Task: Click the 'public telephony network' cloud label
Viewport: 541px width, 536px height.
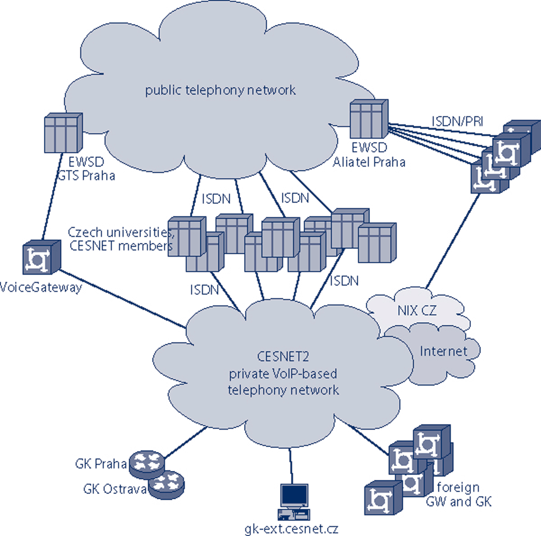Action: click(220, 90)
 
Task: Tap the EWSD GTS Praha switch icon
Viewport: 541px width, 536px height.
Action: click(63, 133)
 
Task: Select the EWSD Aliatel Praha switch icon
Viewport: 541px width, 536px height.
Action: click(369, 119)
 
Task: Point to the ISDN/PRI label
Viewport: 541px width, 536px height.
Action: click(457, 121)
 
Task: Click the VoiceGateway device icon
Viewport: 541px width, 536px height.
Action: click(41, 257)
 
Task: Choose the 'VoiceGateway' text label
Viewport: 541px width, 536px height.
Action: click(41, 287)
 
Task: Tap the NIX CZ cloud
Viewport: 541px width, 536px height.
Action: click(416, 310)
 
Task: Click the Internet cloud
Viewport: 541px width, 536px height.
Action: click(443, 351)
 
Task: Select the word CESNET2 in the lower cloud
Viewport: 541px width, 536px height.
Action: click(283, 357)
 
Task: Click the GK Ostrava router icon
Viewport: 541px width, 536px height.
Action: click(166, 484)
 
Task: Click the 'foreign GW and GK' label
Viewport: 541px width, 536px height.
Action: click(458, 494)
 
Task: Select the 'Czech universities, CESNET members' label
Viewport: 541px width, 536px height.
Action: click(120, 239)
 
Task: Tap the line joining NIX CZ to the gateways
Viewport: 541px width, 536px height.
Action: click(452, 240)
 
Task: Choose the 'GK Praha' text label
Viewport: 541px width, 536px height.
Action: click(100, 464)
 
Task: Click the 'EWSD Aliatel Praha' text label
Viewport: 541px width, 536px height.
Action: click(369, 155)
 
